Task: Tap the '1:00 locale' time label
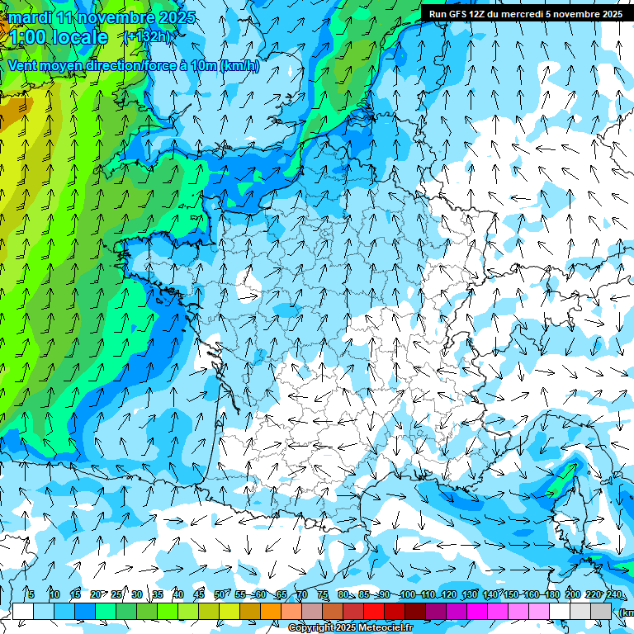click(58, 37)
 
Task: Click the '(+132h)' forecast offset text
click(149, 36)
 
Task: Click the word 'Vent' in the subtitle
click(25, 66)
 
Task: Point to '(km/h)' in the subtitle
click(239, 66)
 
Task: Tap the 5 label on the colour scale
click(31, 594)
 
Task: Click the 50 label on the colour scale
click(219, 594)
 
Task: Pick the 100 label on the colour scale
click(407, 594)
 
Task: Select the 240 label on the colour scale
click(613, 594)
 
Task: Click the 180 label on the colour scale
click(551, 594)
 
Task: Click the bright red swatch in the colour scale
click(374, 611)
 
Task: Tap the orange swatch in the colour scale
click(271, 611)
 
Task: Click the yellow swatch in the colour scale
click(209, 611)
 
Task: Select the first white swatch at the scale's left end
click(23, 611)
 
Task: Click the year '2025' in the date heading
click(176, 17)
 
